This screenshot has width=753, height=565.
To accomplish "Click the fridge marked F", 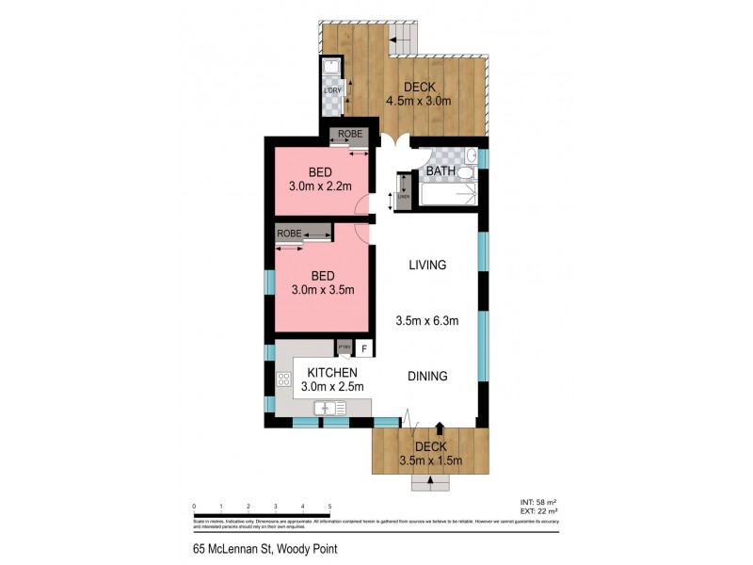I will tap(363, 349).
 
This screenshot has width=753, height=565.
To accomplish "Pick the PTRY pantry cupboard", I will tap(344, 348).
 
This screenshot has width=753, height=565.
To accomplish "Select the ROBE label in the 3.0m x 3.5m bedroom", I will tap(289, 233).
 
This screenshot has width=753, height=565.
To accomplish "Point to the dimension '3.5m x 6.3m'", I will tap(426, 321).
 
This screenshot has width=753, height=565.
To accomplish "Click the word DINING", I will tap(426, 376).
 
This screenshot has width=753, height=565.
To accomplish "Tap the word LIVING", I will tap(425, 266).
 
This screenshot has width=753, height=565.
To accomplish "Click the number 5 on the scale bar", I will tap(329, 507).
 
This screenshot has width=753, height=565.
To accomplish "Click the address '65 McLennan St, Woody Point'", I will tap(252, 549).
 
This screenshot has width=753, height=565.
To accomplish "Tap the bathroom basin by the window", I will tap(472, 154).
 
